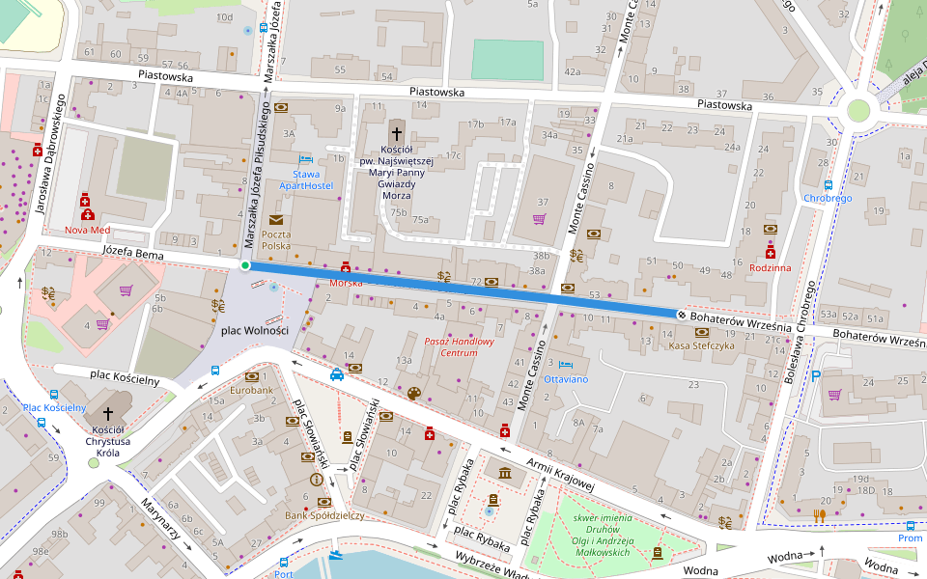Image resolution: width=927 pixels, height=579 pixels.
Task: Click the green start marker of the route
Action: tap(245, 265)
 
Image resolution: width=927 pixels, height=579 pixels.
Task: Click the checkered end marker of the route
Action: tap(682, 315)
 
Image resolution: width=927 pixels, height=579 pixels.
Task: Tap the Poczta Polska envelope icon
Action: tap(276, 220)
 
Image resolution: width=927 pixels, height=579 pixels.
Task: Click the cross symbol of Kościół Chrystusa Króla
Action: tap(108, 413)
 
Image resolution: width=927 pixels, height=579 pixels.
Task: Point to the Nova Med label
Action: tap(88, 231)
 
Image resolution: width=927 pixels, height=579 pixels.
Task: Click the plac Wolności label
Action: tap(255, 330)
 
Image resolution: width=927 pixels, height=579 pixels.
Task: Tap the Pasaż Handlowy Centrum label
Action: tap(460, 346)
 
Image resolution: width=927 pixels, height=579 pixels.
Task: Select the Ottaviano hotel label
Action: tap(566, 379)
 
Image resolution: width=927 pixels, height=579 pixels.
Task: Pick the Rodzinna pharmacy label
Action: tap(770, 267)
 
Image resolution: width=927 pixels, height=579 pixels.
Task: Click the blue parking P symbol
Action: tap(816, 376)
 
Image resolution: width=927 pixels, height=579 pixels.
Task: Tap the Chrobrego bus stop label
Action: tap(828, 198)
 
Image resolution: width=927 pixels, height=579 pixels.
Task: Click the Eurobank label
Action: tap(251, 391)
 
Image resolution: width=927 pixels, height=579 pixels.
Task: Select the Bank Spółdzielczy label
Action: tap(324, 515)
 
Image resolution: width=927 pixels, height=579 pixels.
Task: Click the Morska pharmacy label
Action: tap(346, 283)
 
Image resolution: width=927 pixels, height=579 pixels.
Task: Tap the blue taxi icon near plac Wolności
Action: tap(336, 375)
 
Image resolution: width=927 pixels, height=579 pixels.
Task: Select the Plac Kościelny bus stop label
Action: tap(54, 407)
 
